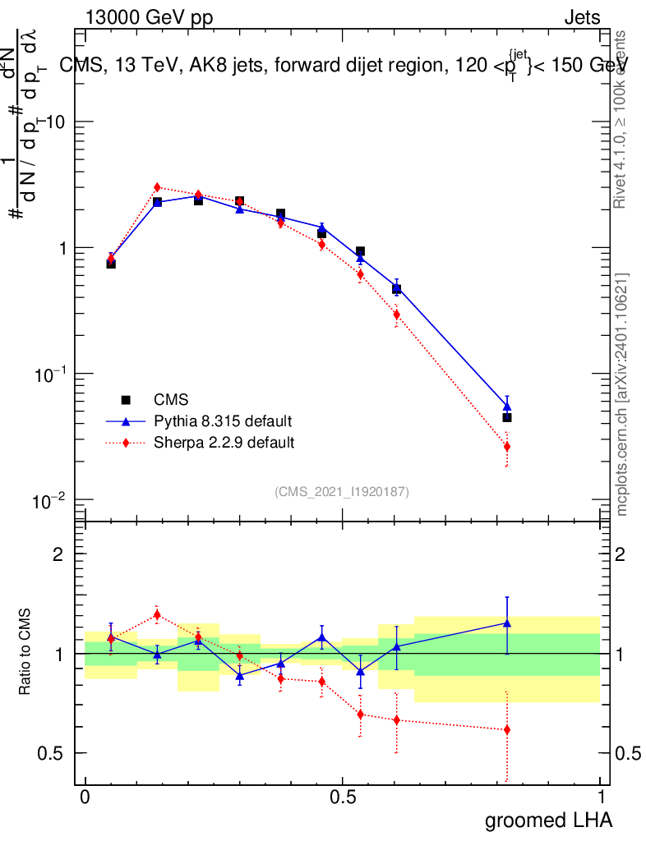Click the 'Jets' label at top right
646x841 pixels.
(x=581, y=17)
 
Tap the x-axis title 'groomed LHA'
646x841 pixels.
(x=548, y=820)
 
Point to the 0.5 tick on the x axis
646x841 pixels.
(x=343, y=797)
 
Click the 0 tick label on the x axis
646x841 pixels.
(x=85, y=797)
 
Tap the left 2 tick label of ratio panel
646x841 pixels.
(x=58, y=554)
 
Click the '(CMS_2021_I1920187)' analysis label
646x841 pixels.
(x=342, y=491)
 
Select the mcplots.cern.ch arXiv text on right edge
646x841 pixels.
(x=623, y=394)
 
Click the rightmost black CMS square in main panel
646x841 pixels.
(x=507, y=417)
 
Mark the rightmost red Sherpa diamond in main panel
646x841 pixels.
(x=507, y=447)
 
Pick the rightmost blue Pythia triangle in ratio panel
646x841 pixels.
(x=507, y=623)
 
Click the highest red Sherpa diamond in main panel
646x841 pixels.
(x=157, y=187)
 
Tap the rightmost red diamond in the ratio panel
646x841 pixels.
(x=507, y=729)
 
